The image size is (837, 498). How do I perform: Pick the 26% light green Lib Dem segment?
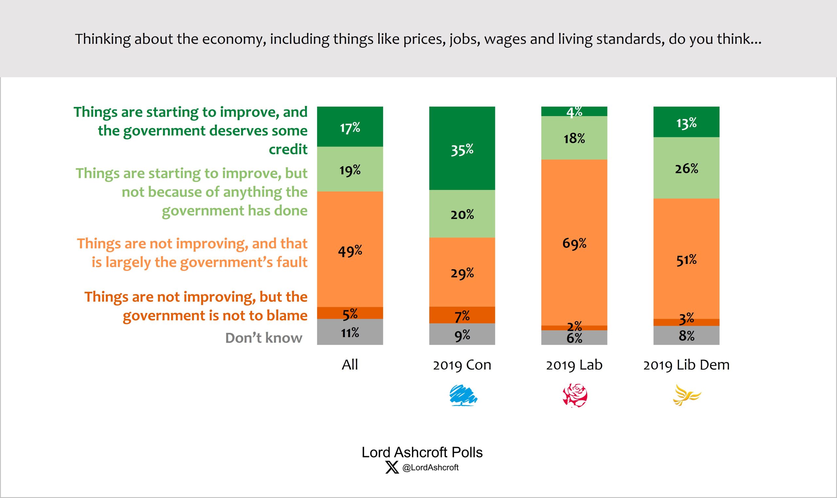pos(686,168)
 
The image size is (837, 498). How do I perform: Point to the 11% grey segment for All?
pos(350,332)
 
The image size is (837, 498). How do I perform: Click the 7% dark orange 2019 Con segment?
pos(462,316)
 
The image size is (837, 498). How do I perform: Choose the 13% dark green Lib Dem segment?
pos(686,122)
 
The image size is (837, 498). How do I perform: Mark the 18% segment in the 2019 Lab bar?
pos(574,138)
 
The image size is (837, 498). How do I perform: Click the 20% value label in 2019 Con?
pos(462,215)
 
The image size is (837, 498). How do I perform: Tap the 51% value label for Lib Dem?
pos(686,260)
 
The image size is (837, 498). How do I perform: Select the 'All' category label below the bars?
pos(350,365)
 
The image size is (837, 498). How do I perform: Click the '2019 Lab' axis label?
pos(574,365)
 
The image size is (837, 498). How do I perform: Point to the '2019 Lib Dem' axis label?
pos(686,365)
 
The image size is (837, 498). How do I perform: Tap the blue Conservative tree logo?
pos(463,396)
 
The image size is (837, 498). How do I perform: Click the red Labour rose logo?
pos(575,396)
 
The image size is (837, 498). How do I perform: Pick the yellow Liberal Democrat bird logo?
pos(686,395)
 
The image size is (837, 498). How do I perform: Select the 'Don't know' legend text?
pos(264,338)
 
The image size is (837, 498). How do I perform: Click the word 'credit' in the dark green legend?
pos(288,149)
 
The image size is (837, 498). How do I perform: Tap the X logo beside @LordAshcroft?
pos(392,467)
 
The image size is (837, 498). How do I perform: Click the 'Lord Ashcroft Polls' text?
pos(422,452)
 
